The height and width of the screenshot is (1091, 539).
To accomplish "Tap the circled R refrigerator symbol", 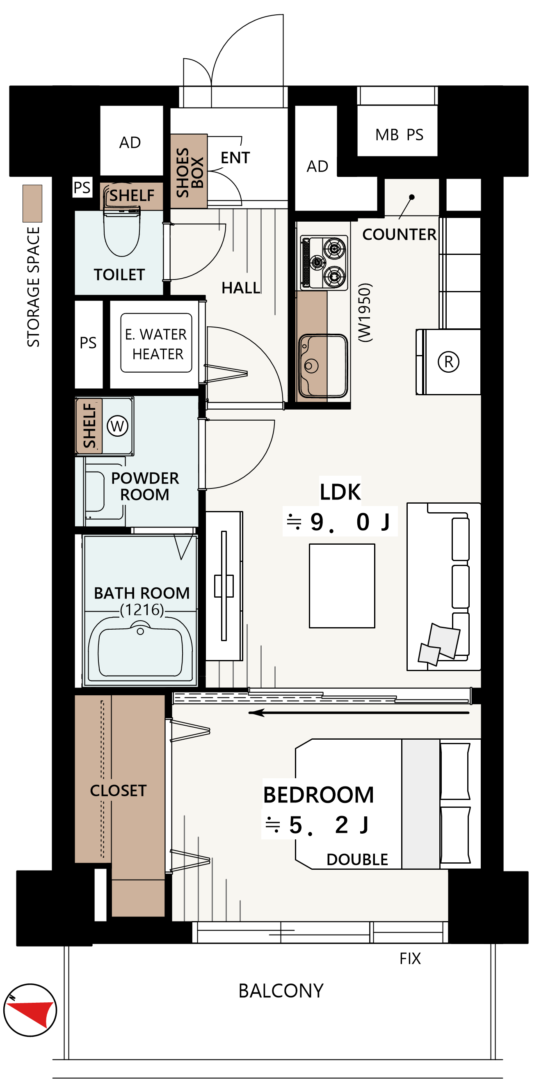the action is pyautogui.click(x=448, y=362).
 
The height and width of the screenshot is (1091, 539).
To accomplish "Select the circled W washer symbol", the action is pyautogui.click(x=117, y=426).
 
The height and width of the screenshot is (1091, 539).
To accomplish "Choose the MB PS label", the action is pyautogui.click(x=399, y=135).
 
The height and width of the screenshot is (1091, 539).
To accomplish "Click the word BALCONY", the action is pyautogui.click(x=281, y=990).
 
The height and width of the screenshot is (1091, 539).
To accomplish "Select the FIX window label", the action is pyautogui.click(x=410, y=958).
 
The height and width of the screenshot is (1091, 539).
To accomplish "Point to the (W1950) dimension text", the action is pyautogui.click(x=365, y=312).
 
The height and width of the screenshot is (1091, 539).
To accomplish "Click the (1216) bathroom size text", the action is pyautogui.click(x=142, y=610).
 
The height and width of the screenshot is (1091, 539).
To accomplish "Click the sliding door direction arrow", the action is pyautogui.click(x=359, y=713).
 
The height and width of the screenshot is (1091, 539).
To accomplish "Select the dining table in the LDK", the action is pyautogui.click(x=342, y=586).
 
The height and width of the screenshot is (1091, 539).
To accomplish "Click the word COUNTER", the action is pyautogui.click(x=399, y=234).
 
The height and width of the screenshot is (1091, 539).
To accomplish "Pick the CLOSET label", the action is pyautogui.click(x=118, y=790).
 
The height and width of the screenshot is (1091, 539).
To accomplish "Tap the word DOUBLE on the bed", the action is pyautogui.click(x=357, y=860).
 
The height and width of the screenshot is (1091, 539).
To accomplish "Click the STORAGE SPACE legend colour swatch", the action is pyautogui.click(x=32, y=203).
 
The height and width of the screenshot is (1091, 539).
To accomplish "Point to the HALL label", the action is pyautogui.click(x=241, y=288).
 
